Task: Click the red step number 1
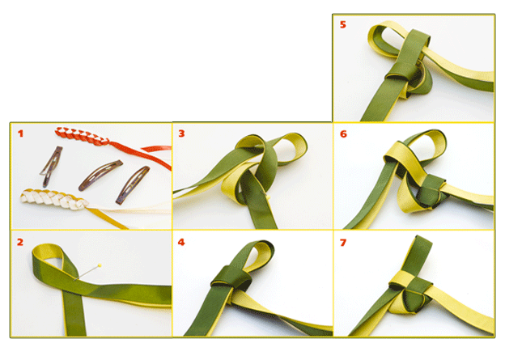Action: pos(20,133)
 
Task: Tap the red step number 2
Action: pos(20,242)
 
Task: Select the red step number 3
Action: pos(181,133)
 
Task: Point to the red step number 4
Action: pos(181,242)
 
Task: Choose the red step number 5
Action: pos(342,24)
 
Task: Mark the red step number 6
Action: pos(343,134)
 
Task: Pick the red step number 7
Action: pos(343,242)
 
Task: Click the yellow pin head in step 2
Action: pos(100,265)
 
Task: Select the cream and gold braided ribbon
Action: pos(53,199)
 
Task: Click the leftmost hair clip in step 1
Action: pos(52,166)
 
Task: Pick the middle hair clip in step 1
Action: pos(100,175)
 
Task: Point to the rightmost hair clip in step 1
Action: pos(133,184)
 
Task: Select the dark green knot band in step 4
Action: pos(231,277)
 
